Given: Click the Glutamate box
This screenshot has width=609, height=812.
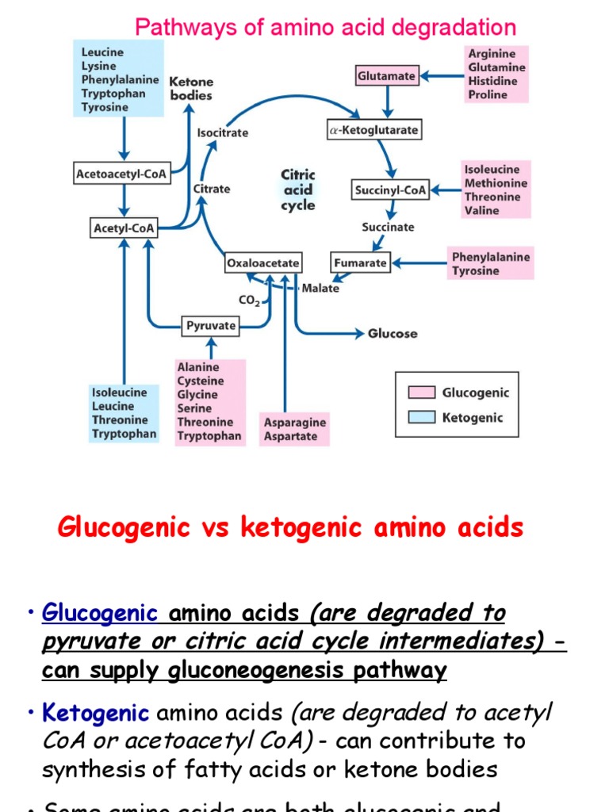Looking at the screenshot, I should (386, 76).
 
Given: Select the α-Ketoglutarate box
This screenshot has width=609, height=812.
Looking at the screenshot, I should (373, 129).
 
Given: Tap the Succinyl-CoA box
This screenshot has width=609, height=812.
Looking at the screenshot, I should (389, 190).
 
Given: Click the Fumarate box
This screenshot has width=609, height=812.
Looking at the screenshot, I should (360, 262).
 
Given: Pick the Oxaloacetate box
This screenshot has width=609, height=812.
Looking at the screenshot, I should (263, 262).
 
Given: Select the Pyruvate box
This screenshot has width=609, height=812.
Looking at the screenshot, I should (211, 325).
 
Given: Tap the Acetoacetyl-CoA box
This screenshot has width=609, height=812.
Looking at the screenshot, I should (121, 174).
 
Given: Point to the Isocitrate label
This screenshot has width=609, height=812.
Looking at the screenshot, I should (222, 133).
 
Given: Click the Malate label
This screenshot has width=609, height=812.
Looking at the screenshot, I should (320, 289).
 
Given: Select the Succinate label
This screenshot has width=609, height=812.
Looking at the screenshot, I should (388, 227).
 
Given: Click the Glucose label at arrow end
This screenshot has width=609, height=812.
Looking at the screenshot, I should (393, 334).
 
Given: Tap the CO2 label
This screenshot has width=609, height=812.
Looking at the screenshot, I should (249, 301).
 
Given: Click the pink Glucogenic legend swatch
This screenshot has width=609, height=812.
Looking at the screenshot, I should (421, 393).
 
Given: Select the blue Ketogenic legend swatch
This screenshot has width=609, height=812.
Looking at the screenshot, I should (421, 417).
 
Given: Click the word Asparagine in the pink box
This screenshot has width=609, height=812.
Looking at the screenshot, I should (294, 423).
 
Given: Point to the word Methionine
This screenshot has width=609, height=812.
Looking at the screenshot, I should (496, 183).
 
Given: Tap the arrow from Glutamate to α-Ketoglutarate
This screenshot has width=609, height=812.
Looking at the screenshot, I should (387, 101).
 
